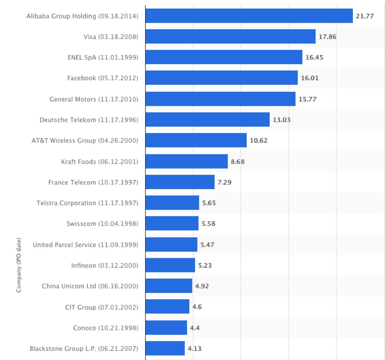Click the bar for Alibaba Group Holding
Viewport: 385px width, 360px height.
coord(249,16)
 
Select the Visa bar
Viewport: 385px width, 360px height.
coord(230,37)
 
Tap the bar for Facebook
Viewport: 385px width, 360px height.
coord(221,78)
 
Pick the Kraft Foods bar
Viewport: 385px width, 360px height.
coord(187,161)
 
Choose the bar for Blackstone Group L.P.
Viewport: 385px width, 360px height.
coord(165,348)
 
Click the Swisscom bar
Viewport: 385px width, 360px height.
coord(172,223)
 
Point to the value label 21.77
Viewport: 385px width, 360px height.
coord(365,16)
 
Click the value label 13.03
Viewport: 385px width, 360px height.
coord(281,120)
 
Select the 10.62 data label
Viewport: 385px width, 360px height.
coord(258,141)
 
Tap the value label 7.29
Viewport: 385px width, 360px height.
coord(224,182)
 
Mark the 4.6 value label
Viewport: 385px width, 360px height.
coord(197,307)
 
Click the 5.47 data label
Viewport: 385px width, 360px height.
coord(207,245)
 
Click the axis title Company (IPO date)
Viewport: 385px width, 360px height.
coord(19,265)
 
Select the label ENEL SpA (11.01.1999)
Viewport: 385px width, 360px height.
coord(103,57)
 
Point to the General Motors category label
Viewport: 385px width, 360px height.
coord(94,99)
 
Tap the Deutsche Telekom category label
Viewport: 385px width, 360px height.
coord(89,120)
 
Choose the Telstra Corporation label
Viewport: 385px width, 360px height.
coord(87,203)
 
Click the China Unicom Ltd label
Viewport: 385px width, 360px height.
coord(90,286)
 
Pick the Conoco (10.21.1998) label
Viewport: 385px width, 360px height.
coord(106,328)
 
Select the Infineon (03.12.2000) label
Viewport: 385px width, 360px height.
coord(105,265)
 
